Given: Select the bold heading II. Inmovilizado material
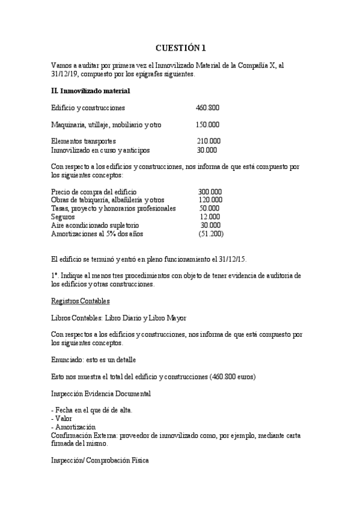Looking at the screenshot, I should click(x=90, y=91).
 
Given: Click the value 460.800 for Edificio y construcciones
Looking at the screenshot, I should click(x=207, y=108).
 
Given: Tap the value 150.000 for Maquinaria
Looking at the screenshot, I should click(x=207, y=125).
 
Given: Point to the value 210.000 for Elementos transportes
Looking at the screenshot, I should click(x=209, y=141).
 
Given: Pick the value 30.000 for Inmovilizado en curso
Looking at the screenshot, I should click(x=207, y=150).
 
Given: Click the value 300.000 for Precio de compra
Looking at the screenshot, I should click(x=210, y=192).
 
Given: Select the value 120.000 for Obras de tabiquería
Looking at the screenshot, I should click(x=210, y=200).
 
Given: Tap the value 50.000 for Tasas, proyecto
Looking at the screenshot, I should click(x=210, y=208).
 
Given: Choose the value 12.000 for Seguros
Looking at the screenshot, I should click(x=210, y=217).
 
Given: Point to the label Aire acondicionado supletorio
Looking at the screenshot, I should click(x=90, y=225).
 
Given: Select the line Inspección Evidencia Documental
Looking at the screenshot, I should click(x=101, y=393).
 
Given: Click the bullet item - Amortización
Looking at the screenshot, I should click(x=73, y=426).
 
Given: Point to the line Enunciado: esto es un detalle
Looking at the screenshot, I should click(x=94, y=360).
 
